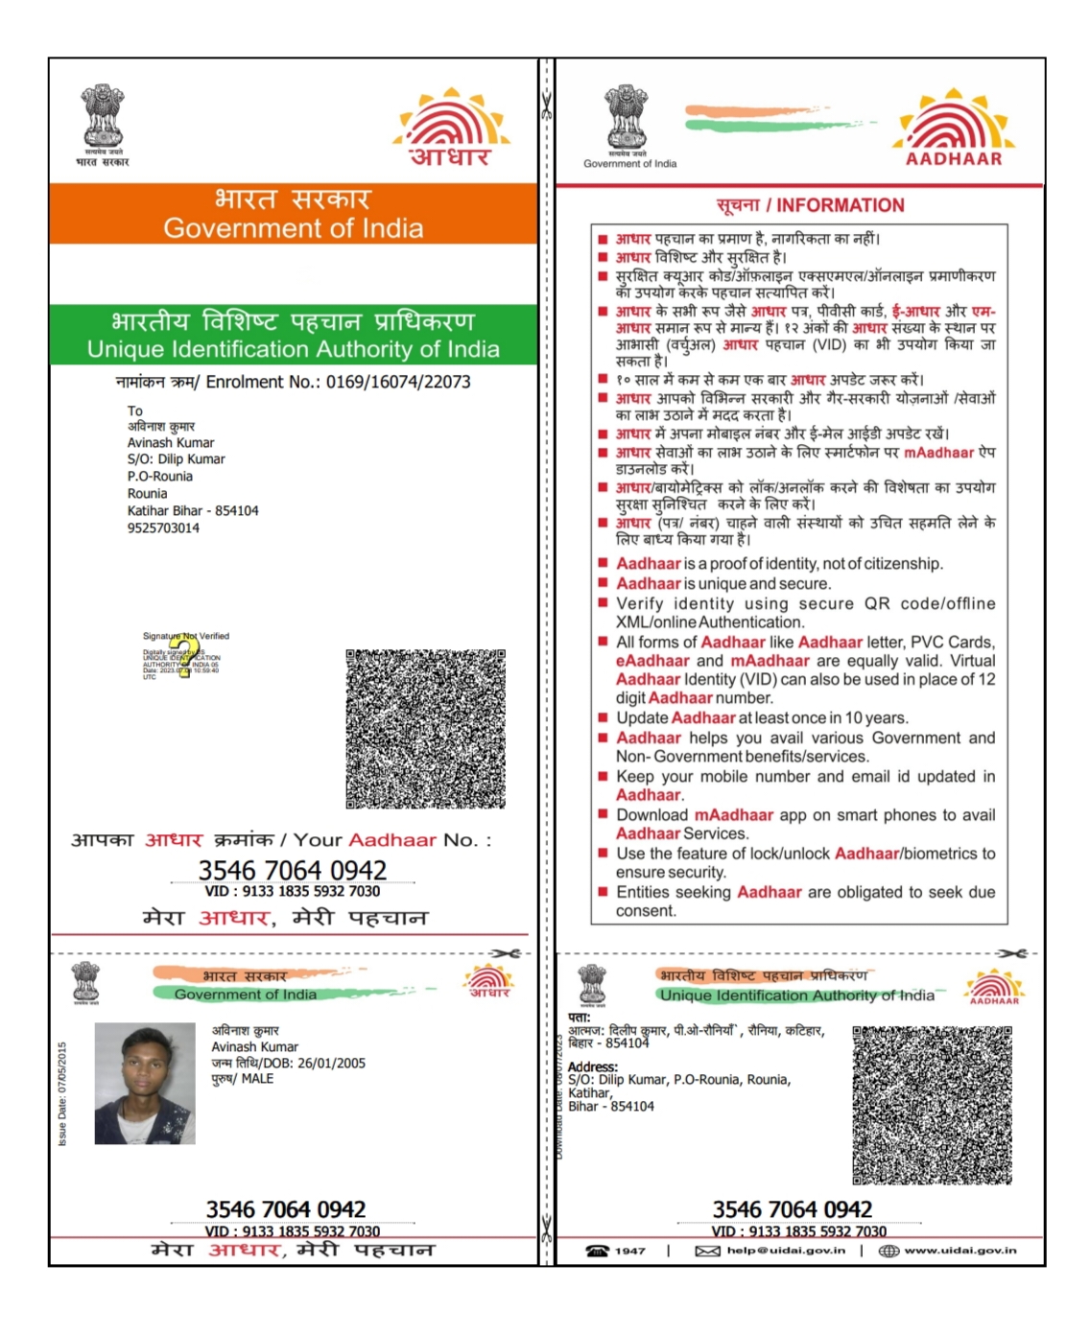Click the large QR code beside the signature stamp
[x=425, y=729]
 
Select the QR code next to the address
[x=932, y=1105]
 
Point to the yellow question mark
[x=184, y=654]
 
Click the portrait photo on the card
[x=145, y=1083]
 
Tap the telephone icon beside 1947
[x=597, y=1251]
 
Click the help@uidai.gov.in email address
[x=786, y=1251]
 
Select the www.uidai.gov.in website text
[x=960, y=1251]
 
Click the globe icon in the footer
[x=889, y=1251]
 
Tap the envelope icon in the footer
[x=707, y=1251]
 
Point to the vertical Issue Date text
[x=63, y=1093]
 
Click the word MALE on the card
[x=257, y=1079]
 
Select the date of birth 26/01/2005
[x=331, y=1063]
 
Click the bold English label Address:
[x=593, y=1066]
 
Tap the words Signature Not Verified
[x=186, y=636]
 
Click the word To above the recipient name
[x=135, y=410]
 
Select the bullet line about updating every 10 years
[x=762, y=717]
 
